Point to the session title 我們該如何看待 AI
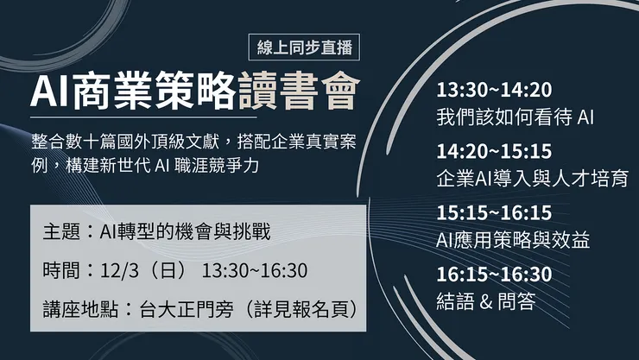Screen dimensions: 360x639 [x=516, y=116]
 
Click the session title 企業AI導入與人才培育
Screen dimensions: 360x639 [x=532, y=179]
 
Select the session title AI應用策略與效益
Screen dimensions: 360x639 [x=514, y=240]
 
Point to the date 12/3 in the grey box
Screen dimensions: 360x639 [x=114, y=270]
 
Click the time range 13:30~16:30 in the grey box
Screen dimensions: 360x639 [x=255, y=270]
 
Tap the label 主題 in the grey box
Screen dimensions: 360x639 [x=62, y=232]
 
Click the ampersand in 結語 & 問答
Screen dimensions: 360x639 [x=485, y=301]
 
